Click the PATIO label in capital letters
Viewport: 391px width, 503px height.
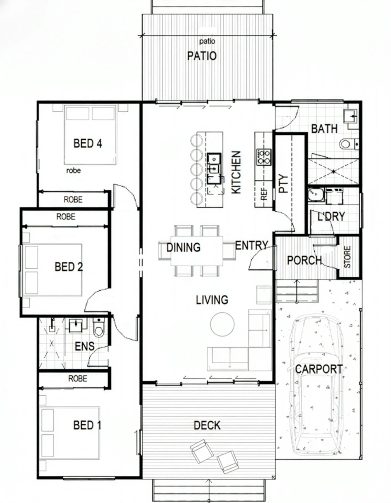202,56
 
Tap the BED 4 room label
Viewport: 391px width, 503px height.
88,143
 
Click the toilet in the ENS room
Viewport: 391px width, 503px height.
99,328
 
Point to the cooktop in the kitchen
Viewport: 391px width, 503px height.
264,157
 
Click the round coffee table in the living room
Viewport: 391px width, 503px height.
222,324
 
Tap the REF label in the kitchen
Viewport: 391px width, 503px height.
264,194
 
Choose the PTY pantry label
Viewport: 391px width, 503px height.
283,184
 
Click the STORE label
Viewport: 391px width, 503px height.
347,257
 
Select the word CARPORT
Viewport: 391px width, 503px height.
319,369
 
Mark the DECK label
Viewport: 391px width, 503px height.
207,425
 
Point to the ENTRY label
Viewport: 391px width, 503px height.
252,246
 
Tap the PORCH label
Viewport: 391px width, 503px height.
304,260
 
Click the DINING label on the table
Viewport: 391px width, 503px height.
183,247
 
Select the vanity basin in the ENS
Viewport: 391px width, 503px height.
75,325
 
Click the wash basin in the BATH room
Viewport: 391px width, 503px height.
351,116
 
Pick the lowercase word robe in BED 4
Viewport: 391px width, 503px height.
73,170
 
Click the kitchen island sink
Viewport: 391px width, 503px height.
214,168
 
